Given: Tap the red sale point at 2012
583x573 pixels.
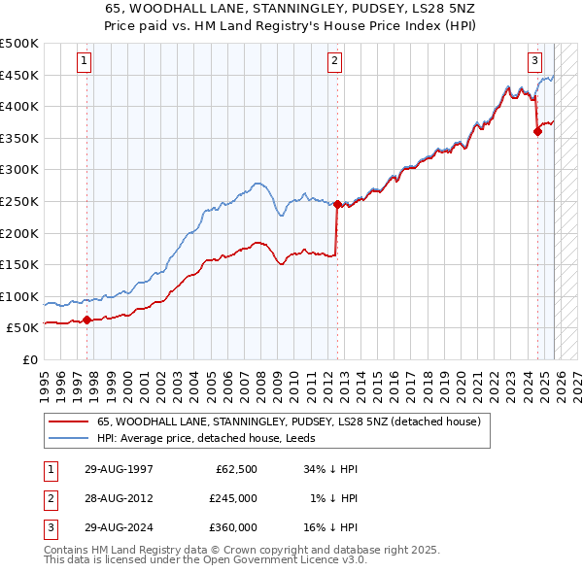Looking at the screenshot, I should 337,204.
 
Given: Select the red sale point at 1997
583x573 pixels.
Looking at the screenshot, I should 87,320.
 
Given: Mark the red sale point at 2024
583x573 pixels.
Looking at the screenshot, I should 537,131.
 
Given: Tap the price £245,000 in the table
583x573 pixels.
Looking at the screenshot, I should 233,498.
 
